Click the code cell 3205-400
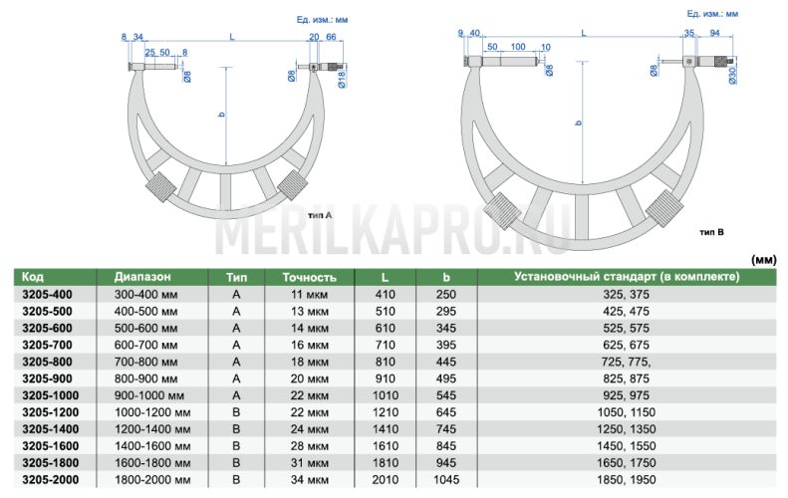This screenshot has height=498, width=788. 47,295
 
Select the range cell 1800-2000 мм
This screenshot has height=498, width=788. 152,480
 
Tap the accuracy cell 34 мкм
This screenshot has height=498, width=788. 309,480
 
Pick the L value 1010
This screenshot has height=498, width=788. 385,395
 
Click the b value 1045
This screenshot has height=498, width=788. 446,480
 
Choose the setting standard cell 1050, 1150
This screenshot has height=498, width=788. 627,412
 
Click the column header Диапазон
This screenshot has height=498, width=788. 142,277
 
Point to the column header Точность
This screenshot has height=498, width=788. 309,277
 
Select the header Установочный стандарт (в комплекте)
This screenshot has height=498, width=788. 627,277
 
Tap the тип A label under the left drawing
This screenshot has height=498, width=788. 320,215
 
